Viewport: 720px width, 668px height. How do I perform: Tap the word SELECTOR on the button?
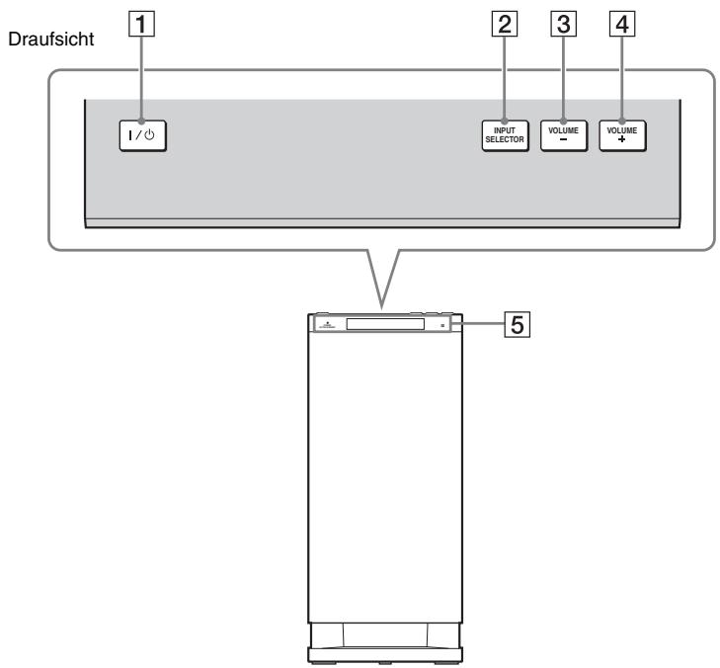(508, 139)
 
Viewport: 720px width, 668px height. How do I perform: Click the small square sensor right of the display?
(443, 324)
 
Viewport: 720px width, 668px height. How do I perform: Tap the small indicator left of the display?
(324, 324)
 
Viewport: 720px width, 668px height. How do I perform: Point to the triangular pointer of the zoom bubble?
(381, 287)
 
